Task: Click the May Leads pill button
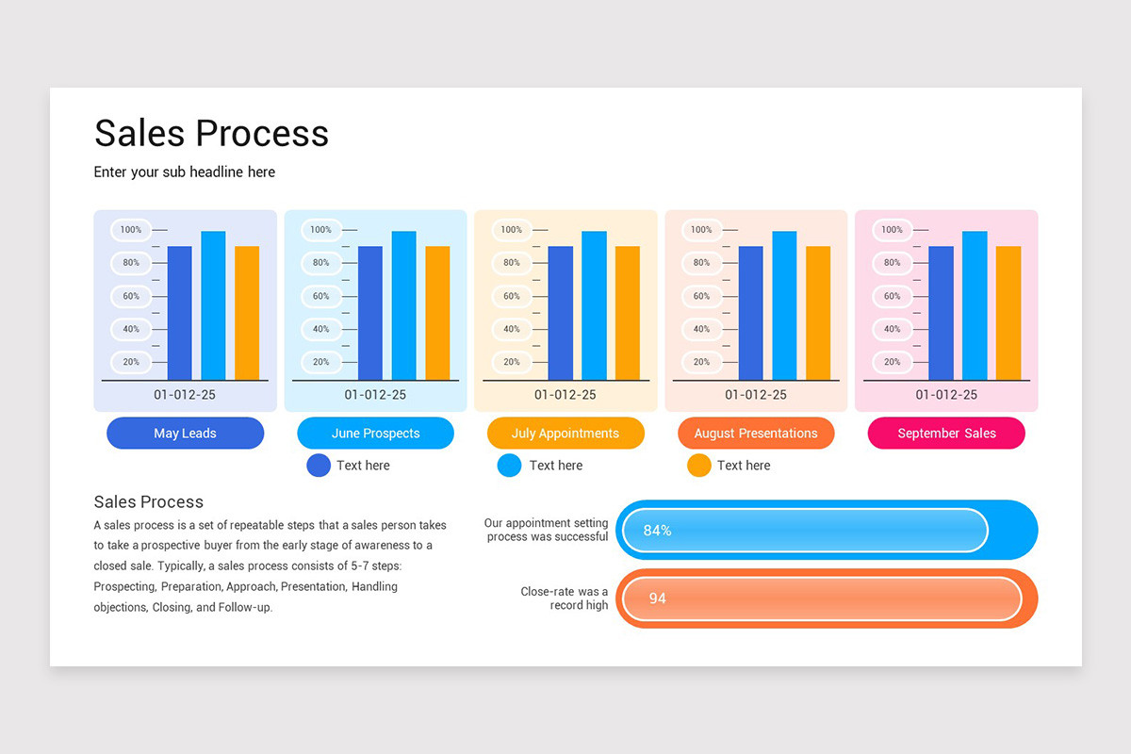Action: [x=185, y=434]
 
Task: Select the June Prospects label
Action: [x=375, y=434]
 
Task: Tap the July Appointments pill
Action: [x=565, y=434]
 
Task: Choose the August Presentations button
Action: [x=756, y=434]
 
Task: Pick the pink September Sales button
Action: [x=946, y=434]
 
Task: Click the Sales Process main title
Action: [x=211, y=133]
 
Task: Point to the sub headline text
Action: [x=185, y=172]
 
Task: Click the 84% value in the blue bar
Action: [x=657, y=531]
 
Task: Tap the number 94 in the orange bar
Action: [x=657, y=598]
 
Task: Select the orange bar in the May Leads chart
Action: [x=247, y=313]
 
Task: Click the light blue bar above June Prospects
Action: [x=403, y=305]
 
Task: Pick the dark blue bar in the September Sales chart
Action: [x=941, y=313]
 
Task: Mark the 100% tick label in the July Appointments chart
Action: [x=511, y=230]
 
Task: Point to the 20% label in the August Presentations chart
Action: [x=701, y=362]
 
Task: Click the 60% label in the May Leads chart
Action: [x=130, y=296]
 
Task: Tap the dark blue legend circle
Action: [x=319, y=466]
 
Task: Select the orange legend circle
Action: [x=698, y=466]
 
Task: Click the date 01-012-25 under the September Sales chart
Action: [x=945, y=395]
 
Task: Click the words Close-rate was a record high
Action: [x=565, y=598]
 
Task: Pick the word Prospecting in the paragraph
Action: [x=124, y=586]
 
